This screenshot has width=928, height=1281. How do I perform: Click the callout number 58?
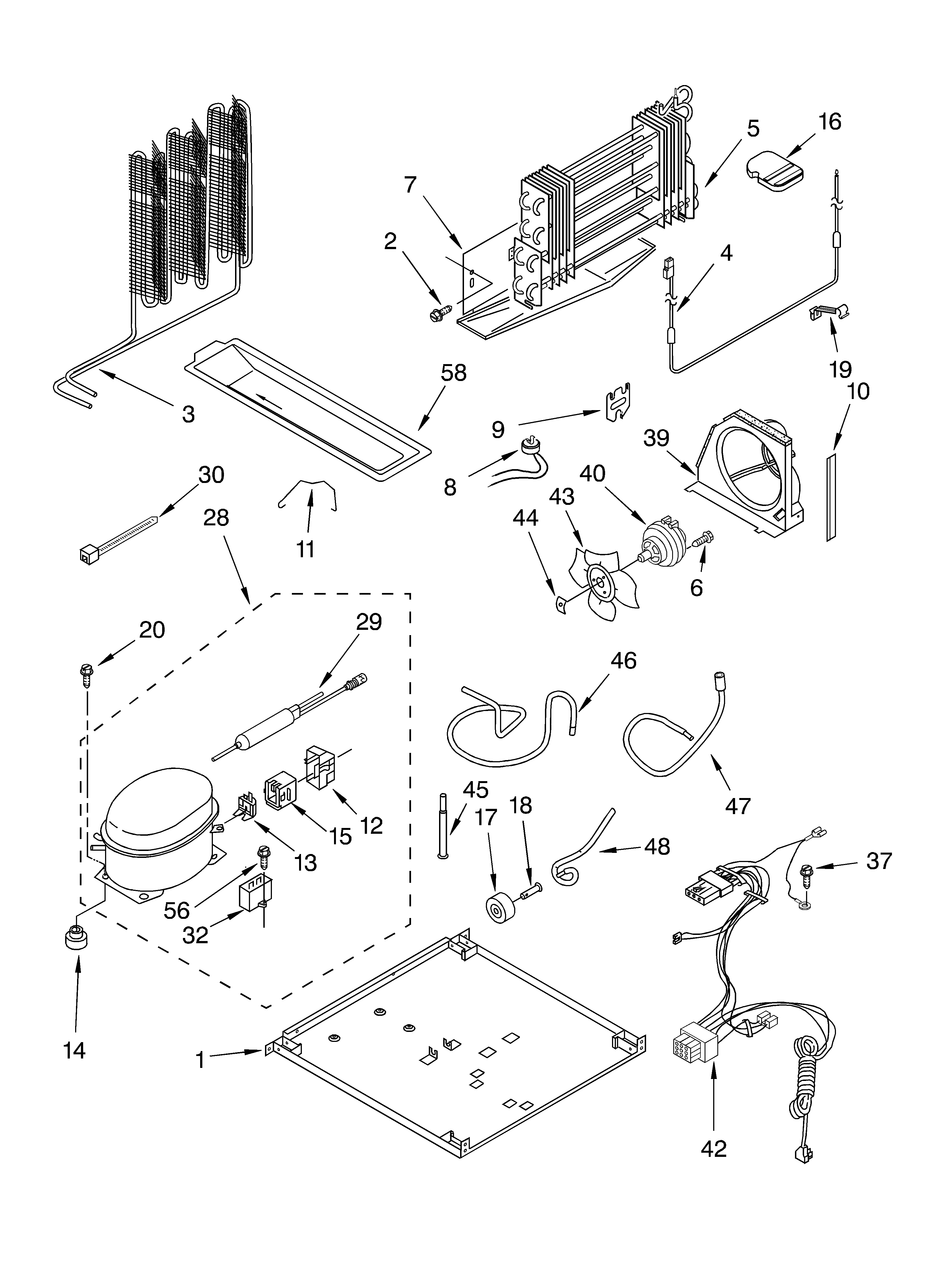[453, 373]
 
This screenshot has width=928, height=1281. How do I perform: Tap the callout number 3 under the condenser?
[188, 414]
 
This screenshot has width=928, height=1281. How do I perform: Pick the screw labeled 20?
[86, 675]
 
